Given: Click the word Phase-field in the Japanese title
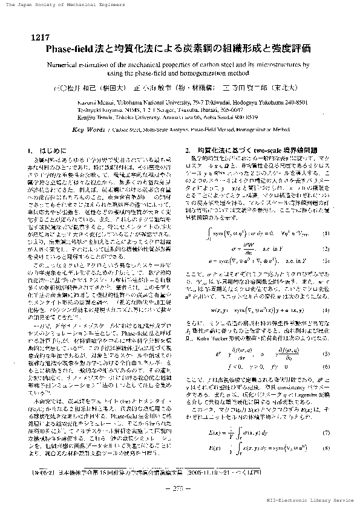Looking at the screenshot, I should click(x=74, y=48).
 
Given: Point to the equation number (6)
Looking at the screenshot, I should click(x=327, y=366).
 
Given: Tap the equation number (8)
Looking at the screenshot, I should click(x=327, y=448).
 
